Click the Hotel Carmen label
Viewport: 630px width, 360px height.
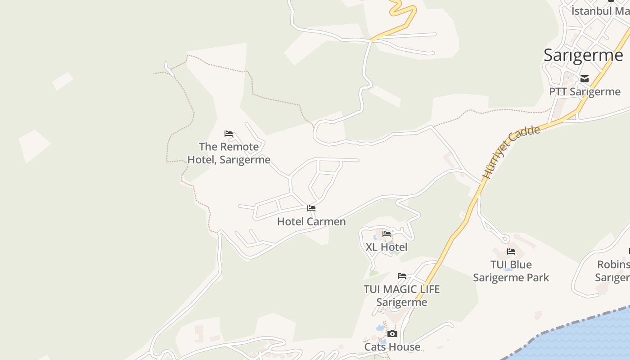click(311, 221)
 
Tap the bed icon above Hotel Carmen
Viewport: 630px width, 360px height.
click(311, 208)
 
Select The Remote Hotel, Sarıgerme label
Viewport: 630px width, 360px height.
click(229, 153)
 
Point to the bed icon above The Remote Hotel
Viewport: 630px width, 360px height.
click(229, 134)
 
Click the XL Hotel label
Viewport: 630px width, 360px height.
click(387, 247)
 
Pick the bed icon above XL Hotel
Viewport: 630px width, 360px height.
click(387, 234)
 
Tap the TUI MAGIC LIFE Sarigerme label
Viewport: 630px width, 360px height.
click(401, 295)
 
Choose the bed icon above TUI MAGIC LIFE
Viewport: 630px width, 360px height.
click(402, 276)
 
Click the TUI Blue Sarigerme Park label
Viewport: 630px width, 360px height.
click(511, 271)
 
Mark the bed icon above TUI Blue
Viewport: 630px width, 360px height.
click(511, 252)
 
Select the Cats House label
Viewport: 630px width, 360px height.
click(392, 347)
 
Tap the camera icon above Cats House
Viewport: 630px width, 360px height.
click(392, 334)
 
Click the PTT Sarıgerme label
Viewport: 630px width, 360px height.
click(585, 92)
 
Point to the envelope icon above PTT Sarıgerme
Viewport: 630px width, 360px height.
click(585, 79)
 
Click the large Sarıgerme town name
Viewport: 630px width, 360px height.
click(583, 55)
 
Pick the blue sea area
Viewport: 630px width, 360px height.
click(585, 337)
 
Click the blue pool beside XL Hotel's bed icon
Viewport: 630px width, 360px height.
click(376, 237)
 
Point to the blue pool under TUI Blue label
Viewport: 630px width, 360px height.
click(509, 269)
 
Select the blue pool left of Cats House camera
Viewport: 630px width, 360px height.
click(380, 328)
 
